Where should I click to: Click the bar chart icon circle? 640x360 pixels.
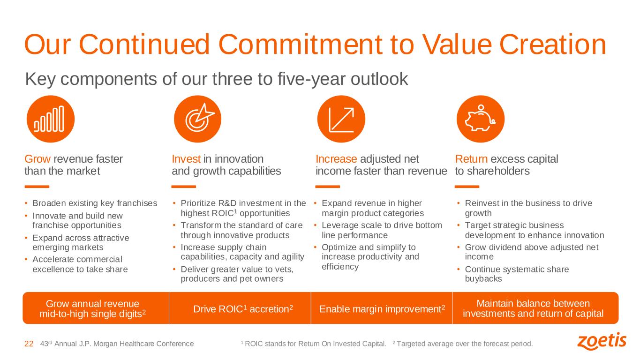[51, 119]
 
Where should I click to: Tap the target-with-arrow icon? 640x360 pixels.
[198, 119]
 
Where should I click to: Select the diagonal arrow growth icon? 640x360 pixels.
[341, 119]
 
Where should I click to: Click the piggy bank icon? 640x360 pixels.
[481, 119]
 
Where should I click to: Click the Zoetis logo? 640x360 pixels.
[602, 341]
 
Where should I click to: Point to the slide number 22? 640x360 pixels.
[29, 344]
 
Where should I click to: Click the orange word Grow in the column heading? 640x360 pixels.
[38, 159]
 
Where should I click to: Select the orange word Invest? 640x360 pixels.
[186, 159]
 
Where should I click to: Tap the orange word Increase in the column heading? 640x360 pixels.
[336, 159]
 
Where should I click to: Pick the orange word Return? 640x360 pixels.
[471, 159]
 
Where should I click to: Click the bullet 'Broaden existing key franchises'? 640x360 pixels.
[95, 203]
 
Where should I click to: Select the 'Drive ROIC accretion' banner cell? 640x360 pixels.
[240, 308]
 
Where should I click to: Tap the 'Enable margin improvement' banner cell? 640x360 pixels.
[382, 308]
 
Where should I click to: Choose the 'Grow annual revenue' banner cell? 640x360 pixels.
[96, 308]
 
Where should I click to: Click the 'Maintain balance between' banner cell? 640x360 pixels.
[535, 308]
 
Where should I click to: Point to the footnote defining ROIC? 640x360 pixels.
[314, 344]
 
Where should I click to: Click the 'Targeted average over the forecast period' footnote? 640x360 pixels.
[463, 344]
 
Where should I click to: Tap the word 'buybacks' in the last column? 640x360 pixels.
[483, 279]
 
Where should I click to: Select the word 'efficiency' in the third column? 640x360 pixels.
[340, 267]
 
